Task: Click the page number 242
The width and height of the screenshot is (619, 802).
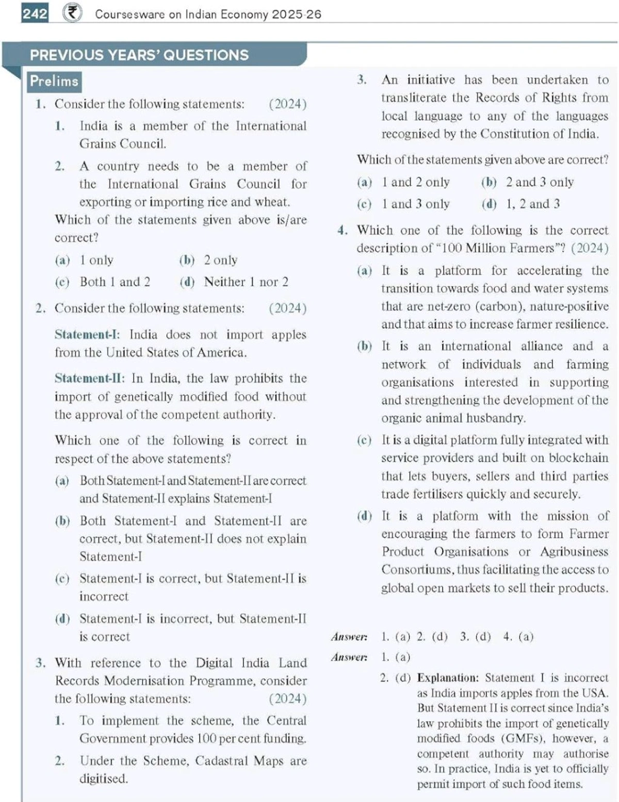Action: (x=35, y=13)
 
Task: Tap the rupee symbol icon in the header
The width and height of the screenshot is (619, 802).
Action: (x=72, y=13)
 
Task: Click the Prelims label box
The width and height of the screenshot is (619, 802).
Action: (x=54, y=81)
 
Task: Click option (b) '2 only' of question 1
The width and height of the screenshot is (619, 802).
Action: (x=208, y=260)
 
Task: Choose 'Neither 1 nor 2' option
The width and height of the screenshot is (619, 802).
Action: (x=246, y=282)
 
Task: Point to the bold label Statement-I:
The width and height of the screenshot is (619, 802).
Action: (x=87, y=335)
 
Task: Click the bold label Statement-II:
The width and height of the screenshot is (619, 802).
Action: (x=89, y=379)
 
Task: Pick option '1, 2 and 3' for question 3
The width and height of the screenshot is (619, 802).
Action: (x=532, y=204)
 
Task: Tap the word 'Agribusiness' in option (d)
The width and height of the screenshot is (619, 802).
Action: (x=574, y=552)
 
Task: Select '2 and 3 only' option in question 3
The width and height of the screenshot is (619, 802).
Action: (x=539, y=182)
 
